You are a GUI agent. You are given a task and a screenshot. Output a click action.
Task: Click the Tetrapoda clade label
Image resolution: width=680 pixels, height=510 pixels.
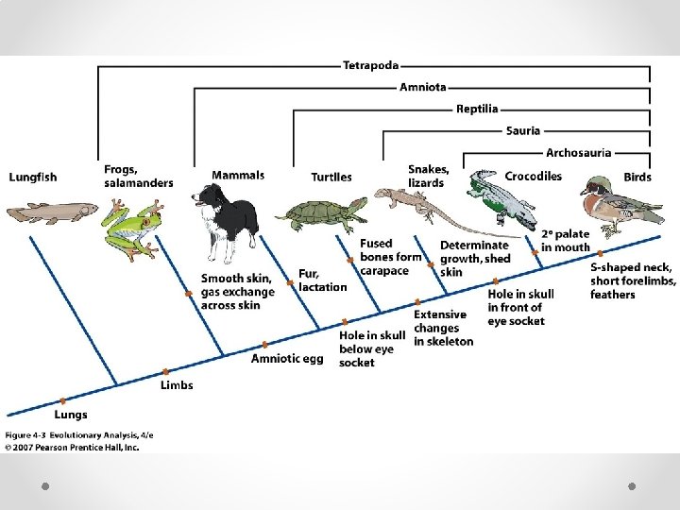point(370,66)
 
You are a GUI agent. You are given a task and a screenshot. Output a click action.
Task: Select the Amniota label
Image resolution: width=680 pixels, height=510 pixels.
point(422,88)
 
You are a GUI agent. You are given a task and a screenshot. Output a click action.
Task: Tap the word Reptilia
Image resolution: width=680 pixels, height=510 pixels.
point(477,110)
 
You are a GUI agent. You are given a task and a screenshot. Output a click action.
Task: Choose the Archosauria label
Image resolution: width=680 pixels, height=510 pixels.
point(578,152)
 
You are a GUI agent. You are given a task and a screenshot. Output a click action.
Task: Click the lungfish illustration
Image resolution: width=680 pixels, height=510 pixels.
point(52,211)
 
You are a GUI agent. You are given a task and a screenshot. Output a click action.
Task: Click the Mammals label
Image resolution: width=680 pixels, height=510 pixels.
point(238,176)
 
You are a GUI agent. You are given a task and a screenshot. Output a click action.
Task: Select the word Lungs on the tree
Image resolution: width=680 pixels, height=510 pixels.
point(71,415)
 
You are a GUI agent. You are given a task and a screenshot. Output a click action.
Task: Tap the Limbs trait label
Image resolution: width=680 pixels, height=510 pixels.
point(177,385)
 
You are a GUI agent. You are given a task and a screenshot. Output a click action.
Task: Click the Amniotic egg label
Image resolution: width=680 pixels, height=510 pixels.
point(287,358)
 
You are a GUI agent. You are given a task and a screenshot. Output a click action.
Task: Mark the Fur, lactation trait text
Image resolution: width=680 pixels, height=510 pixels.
point(322,280)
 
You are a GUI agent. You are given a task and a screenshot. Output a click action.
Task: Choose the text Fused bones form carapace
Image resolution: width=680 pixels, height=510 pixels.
point(389,257)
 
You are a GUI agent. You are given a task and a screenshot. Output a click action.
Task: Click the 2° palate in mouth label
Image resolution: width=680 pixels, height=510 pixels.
point(565,241)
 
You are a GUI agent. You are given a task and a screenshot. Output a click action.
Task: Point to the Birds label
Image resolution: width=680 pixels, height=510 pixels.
point(637,177)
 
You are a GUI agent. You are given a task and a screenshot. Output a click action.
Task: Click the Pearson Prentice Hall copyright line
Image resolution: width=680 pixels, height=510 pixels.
point(73,448)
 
